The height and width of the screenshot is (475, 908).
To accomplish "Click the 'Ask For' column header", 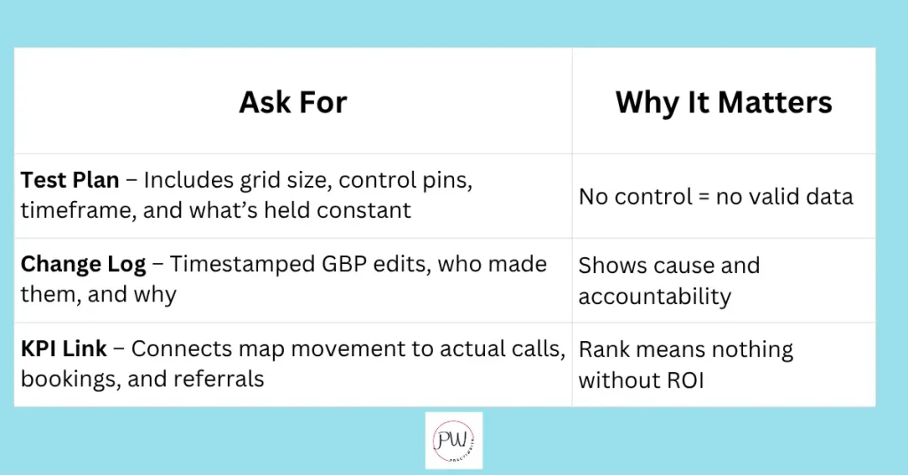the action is pyautogui.click(x=293, y=103).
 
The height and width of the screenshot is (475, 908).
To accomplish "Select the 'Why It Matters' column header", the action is pyautogui.click(x=724, y=103).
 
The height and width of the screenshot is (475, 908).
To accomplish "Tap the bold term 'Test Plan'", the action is pyautogui.click(x=70, y=181).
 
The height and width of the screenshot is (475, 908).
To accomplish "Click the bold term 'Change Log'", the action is pyautogui.click(x=83, y=265).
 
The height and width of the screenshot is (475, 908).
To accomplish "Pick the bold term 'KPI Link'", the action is pyautogui.click(x=64, y=349).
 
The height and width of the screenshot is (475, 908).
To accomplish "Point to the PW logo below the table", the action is pyautogui.click(x=453, y=440).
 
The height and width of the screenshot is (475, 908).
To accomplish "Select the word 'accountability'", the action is pyautogui.click(x=654, y=297).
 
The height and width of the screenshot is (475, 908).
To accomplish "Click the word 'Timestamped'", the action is pyautogui.click(x=242, y=265).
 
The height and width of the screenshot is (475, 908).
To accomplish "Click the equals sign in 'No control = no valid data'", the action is pyautogui.click(x=703, y=198).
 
